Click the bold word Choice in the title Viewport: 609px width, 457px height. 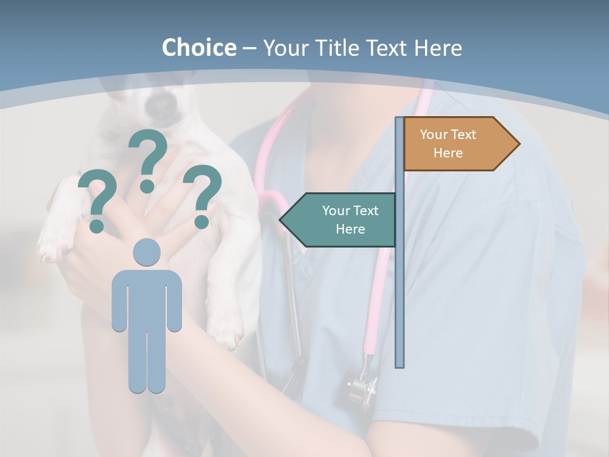click(199, 48)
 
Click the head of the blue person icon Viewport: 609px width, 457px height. click(147, 253)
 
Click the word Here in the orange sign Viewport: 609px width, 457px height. click(448, 153)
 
